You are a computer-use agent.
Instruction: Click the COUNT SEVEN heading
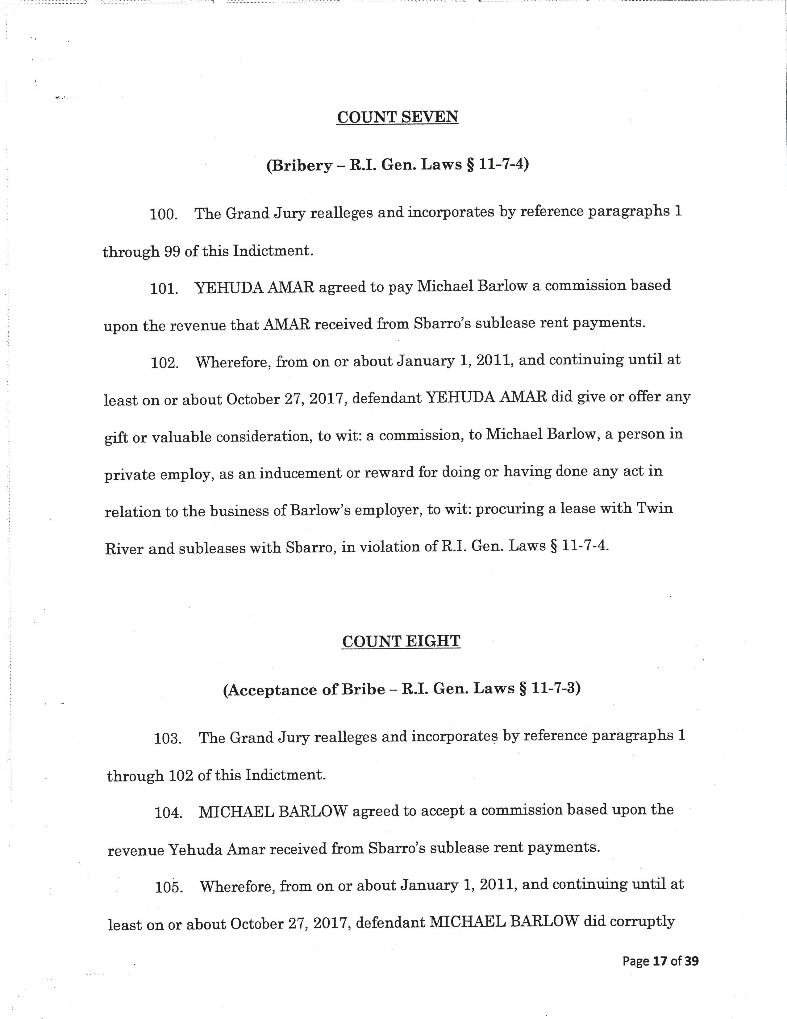coord(397,117)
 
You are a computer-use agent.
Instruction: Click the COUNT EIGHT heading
coord(401,641)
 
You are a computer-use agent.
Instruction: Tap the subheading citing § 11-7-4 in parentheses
coord(397,165)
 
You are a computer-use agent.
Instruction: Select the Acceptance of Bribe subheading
coord(402,689)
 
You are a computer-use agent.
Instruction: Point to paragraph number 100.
coord(164,215)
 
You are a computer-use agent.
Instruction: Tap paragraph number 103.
coord(168,739)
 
